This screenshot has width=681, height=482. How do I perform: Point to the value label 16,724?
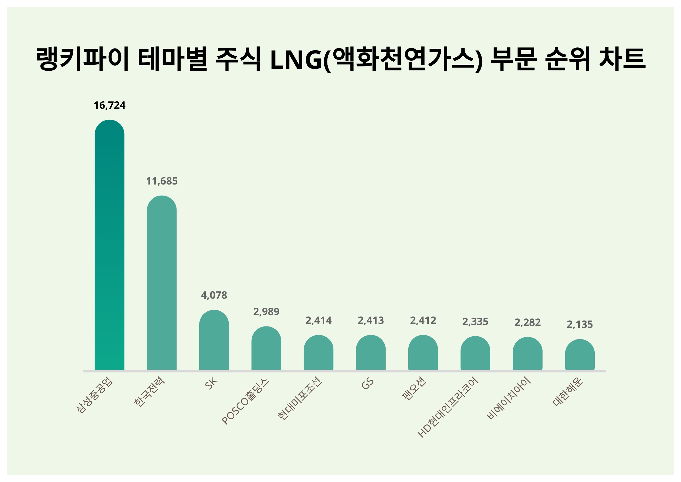[x=110, y=105]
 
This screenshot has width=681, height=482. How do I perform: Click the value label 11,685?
[x=162, y=181]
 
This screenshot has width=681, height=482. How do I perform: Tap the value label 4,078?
[x=214, y=295]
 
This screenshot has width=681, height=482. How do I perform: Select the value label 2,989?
[x=266, y=312]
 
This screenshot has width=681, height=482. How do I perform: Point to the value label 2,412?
[x=423, y=320]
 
